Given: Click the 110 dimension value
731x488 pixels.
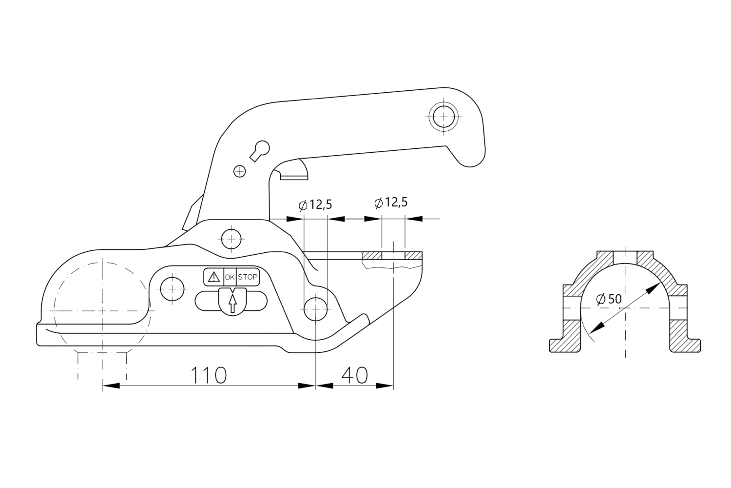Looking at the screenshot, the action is [208, 375].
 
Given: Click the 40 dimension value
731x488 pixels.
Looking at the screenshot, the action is [354, 375].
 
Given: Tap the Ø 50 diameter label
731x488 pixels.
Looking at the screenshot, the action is [609, 299].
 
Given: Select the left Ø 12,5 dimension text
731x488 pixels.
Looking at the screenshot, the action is [315, 205].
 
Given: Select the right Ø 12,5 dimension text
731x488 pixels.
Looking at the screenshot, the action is [391, 203].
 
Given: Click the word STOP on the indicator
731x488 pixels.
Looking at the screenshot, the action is [248, 277].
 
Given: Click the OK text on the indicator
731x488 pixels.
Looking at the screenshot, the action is [230, 277].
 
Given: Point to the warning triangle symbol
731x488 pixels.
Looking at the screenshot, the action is [214, 277].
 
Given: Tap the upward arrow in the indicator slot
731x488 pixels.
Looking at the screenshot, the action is [232, 303].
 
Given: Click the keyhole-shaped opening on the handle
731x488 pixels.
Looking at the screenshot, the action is [260, 150].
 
